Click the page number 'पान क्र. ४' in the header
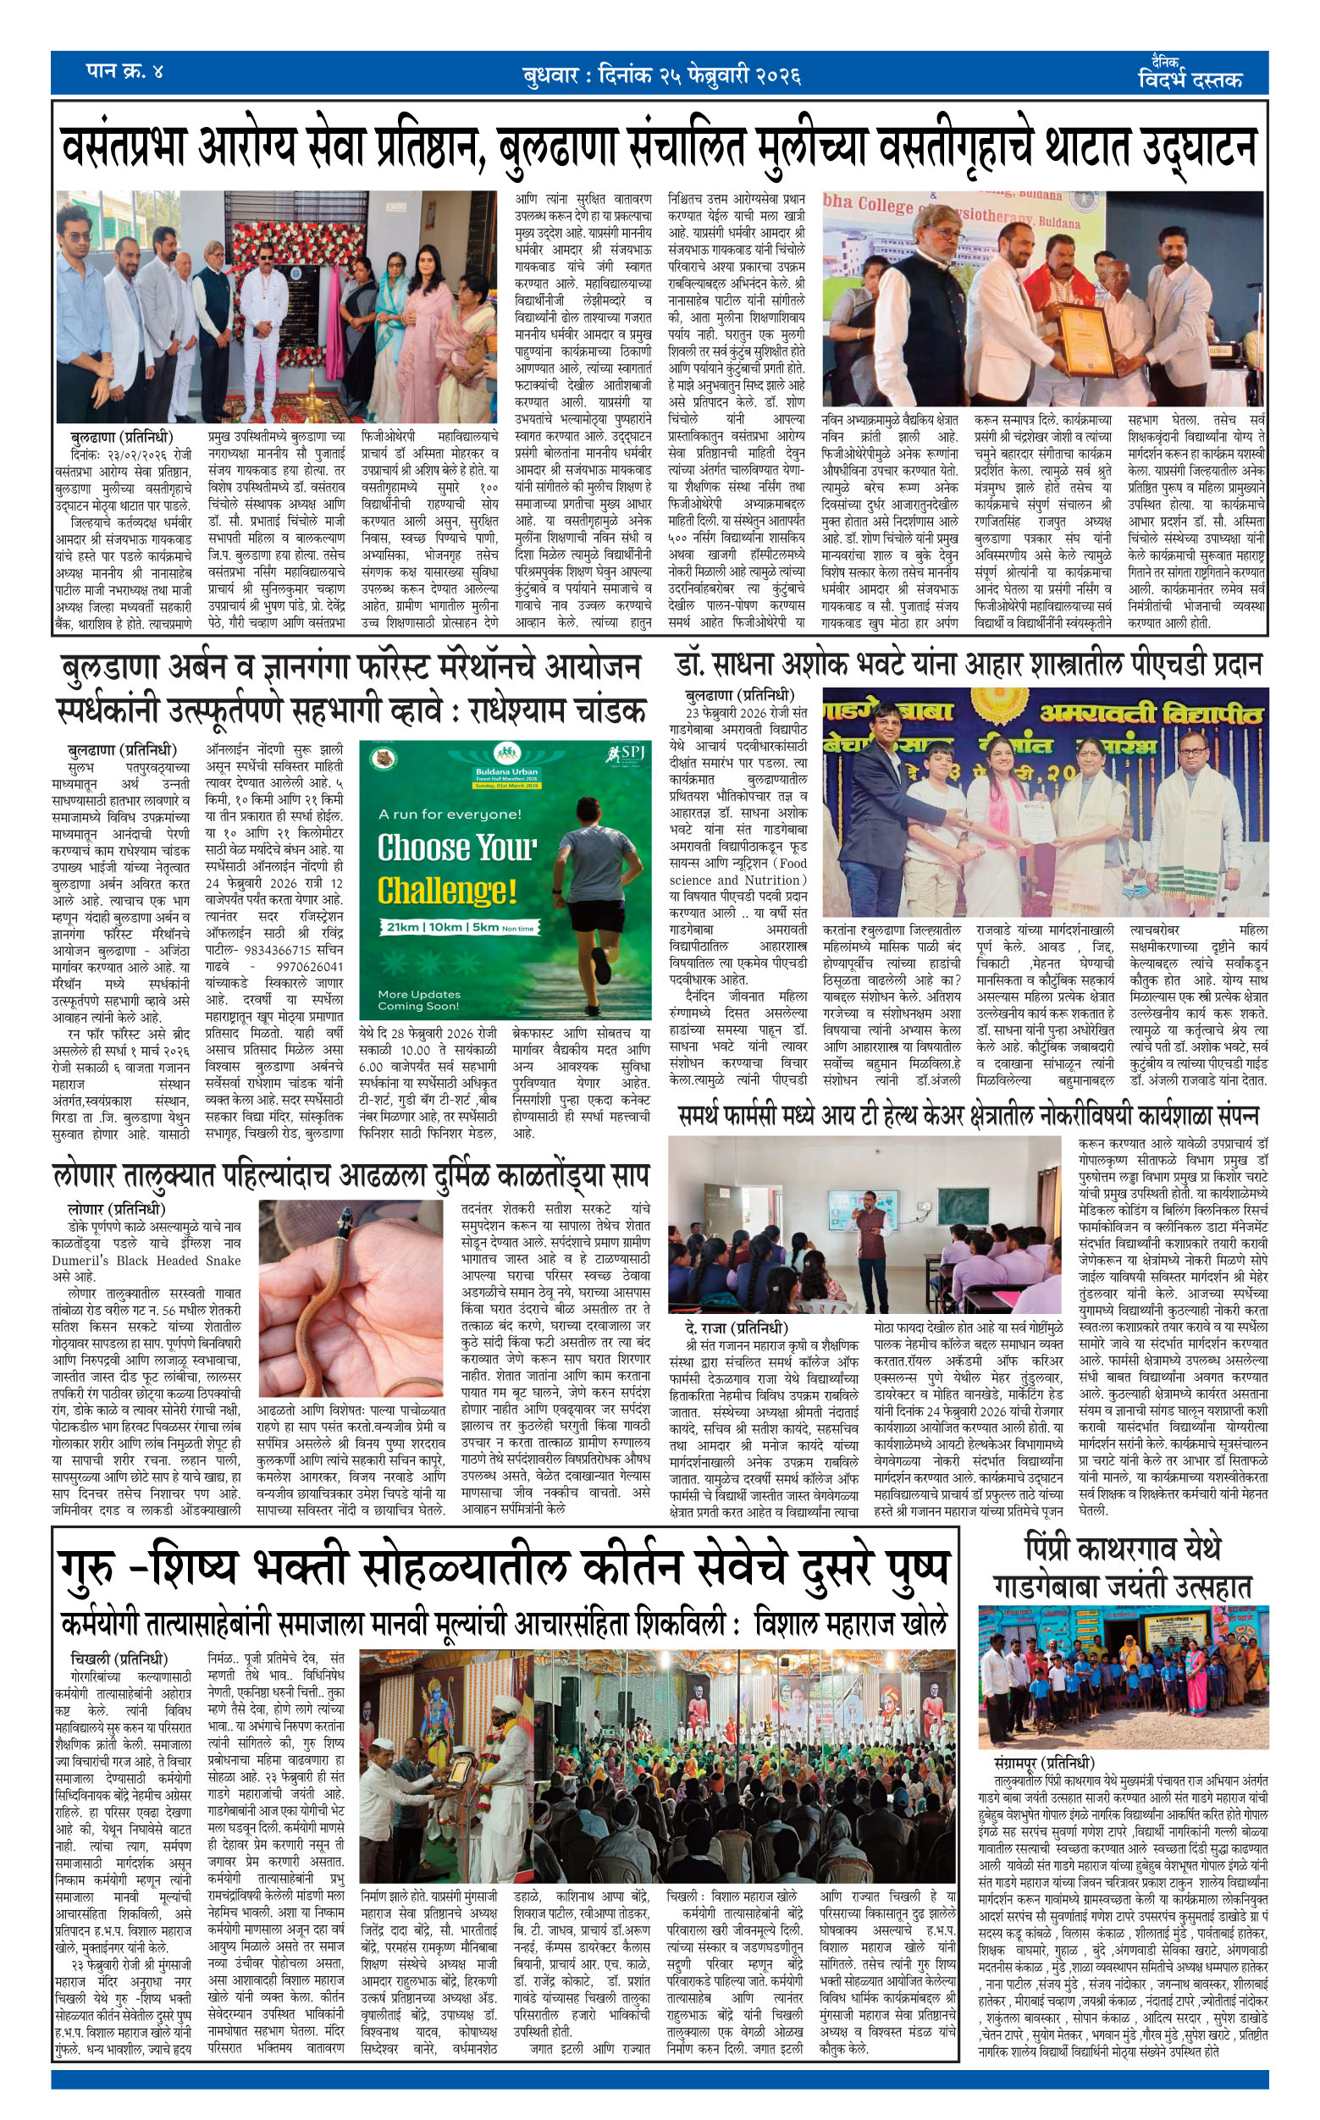click(x=124, y=72)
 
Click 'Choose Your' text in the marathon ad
click(x=456, y=847)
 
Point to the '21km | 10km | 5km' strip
click(x=456, y=928)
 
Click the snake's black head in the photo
click(x=345, y=1216)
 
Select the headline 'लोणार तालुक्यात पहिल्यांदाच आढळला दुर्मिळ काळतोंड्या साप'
click(x=351, y=1176)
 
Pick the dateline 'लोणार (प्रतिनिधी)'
click(x=116, y=1210)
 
